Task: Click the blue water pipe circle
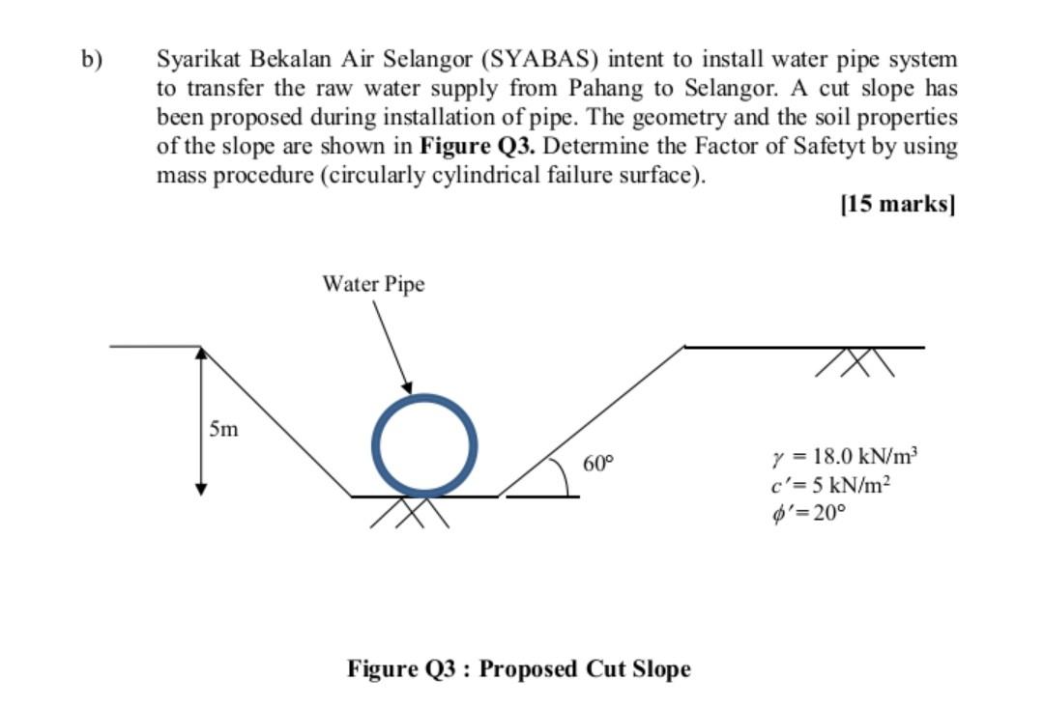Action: click(426, 399)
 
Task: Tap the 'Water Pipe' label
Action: click(373, 284)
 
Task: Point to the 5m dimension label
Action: click(223, 429)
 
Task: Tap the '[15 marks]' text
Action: click(898, 205)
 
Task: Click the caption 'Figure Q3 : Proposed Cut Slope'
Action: click(519, 668)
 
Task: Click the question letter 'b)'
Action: click(91, 59)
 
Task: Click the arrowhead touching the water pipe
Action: click(408, 385)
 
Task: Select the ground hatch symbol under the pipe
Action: click(409, 513)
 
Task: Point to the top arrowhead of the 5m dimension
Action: click(201, 354)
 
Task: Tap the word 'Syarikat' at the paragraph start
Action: click(197, 59)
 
